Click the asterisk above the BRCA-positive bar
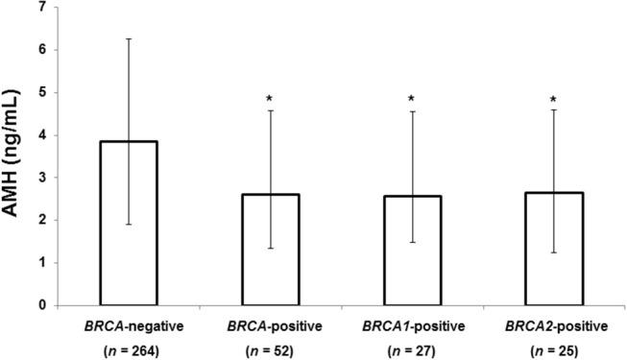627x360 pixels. [x=270, y=100]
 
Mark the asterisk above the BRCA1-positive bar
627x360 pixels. [x=411, y=100]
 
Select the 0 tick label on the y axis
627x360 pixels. [x=41, y=305]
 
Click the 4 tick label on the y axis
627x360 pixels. [x=41, y=135]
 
